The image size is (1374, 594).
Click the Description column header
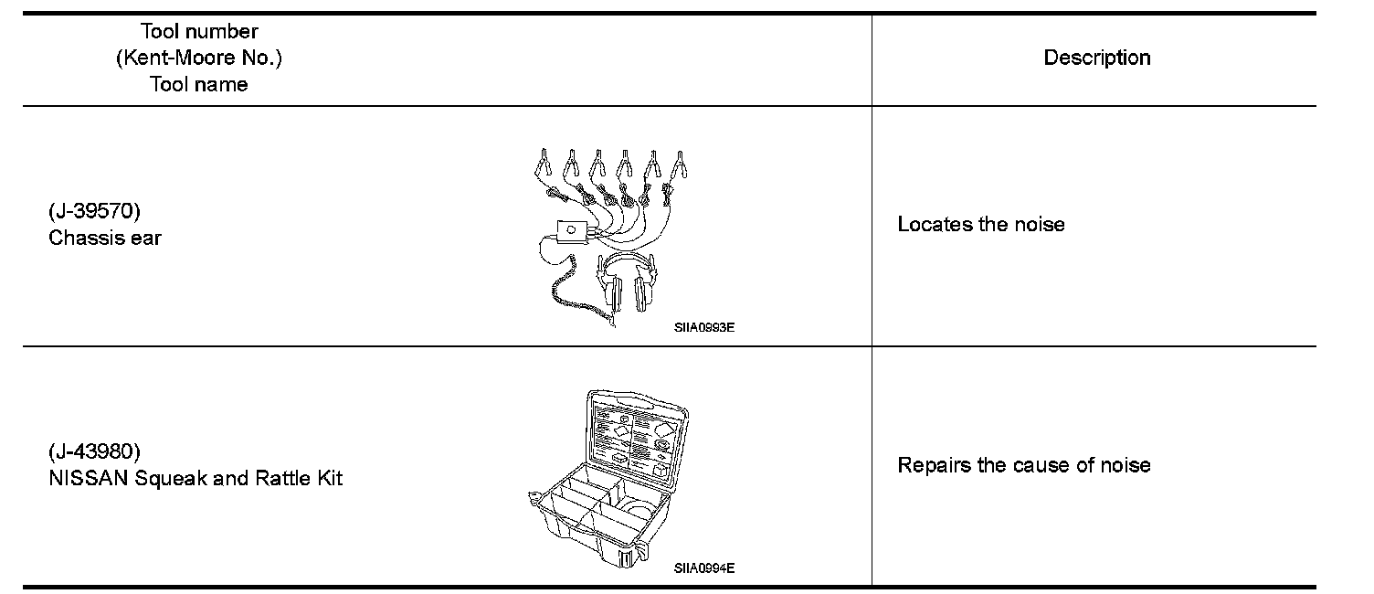click(1096, 58)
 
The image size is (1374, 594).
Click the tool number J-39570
click(94, 213)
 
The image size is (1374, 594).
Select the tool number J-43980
click(94, 452)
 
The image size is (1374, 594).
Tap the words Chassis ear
click(105, 239)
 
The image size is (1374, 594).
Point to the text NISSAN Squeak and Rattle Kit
click(196, 478)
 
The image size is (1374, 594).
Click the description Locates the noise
click(980, 225)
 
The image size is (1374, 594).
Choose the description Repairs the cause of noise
click(1023, 465)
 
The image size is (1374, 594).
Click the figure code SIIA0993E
click(704, 327)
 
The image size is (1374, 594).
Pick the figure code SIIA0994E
click(704, 567)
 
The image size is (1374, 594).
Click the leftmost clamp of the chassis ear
click(543, 164)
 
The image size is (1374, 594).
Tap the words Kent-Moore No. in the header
click(199, 58)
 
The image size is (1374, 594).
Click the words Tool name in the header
click(199, 84)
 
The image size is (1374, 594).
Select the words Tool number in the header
click(199, 32)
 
